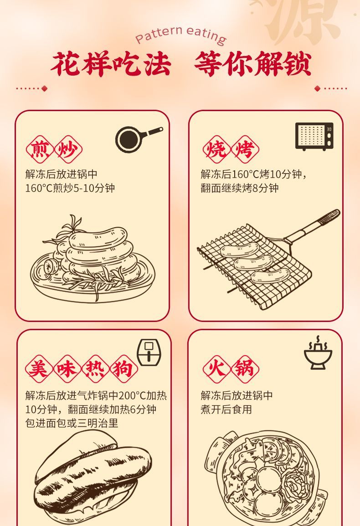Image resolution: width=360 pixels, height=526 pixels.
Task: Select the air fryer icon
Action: [x=149, y=352]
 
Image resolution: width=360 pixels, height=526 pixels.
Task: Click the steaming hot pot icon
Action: [x=318, y=353]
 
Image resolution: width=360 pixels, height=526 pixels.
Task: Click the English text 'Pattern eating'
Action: [x=180, y=35]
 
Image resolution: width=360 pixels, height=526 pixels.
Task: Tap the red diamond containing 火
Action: [x=216, y=369]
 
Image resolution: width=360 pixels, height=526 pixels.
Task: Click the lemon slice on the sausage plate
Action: [x=49, y=267]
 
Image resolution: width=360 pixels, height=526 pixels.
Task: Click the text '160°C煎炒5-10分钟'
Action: [x=70, y=188]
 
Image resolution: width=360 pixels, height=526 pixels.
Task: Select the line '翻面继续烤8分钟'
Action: [x=240, y=188]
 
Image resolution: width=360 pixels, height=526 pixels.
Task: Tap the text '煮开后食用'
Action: [x=226, y=409]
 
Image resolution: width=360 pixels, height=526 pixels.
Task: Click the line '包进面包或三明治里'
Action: [x=72, y=424]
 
